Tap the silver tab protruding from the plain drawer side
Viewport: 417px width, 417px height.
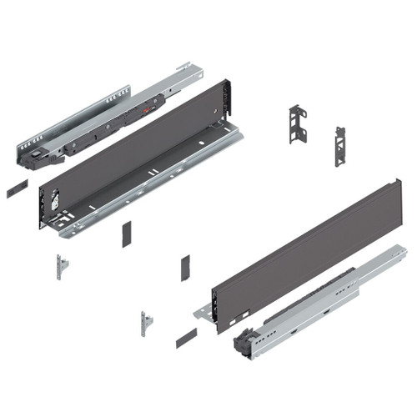pyautogui.click(x=203, y=312)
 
